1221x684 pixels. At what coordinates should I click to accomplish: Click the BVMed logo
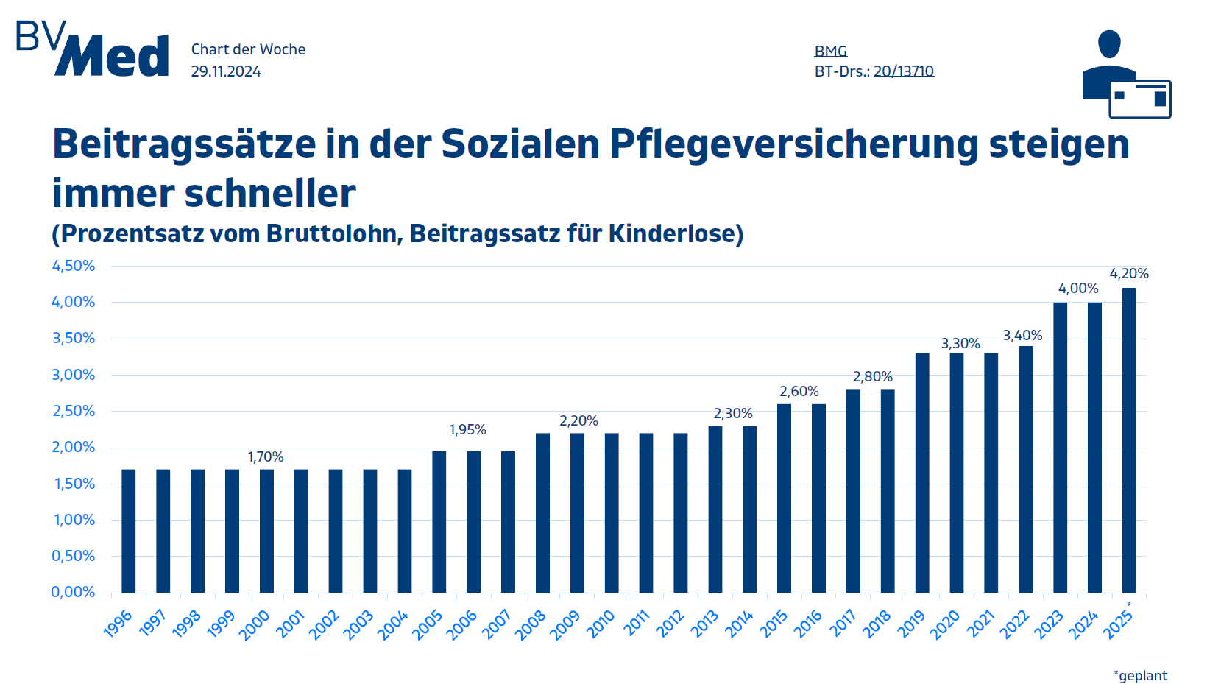coord(93,49)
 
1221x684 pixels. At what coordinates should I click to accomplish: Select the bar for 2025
coord(1128,440)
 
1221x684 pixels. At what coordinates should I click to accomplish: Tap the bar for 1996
coord(129,530)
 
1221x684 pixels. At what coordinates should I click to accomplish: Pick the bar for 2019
coord(922,473)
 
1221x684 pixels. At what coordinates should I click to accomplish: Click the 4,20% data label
coord(1129,274)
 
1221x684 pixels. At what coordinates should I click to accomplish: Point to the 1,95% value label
coord(468,430)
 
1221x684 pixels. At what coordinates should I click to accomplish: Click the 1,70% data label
coord(266,457)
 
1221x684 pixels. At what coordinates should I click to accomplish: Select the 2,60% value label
coord(799,392)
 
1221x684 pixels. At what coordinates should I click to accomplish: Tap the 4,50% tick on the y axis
coord(74,266)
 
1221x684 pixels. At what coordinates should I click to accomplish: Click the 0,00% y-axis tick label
coord(74,592)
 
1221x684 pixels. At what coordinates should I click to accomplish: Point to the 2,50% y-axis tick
coord(74,411)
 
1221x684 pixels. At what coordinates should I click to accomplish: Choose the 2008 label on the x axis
coord(531,624)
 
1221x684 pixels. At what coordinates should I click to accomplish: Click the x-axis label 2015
coord(774,624)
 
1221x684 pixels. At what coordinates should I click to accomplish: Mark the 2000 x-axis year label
coord(255,626)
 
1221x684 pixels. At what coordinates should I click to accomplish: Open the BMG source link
coord(831,51)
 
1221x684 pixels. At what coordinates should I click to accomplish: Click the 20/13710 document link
coord(904,71)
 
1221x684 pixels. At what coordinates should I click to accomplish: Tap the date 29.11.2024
coord(226,71)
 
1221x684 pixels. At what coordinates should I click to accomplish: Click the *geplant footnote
coord(1141,675)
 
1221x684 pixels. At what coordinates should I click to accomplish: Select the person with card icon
coord(1125,74)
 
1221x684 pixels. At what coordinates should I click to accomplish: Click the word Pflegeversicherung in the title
coord(794,144)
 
